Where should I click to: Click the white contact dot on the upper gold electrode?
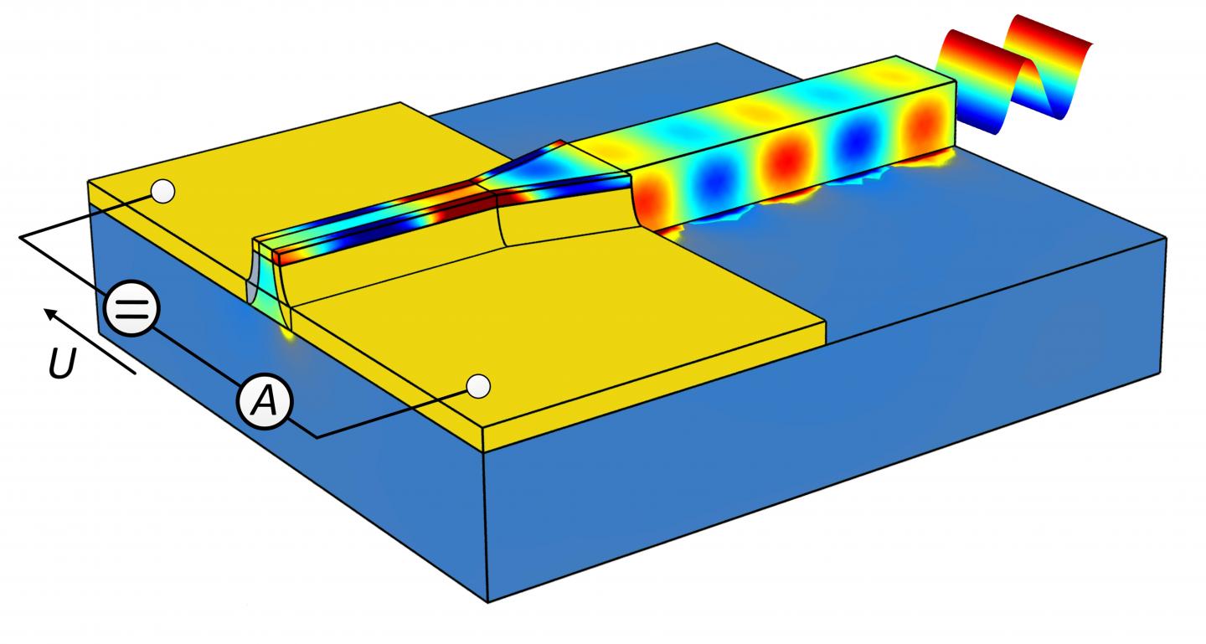163,192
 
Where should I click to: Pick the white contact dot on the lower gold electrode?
477,386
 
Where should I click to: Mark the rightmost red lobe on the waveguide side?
925,133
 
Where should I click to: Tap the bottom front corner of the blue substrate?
487,600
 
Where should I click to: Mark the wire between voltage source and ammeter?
197,355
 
